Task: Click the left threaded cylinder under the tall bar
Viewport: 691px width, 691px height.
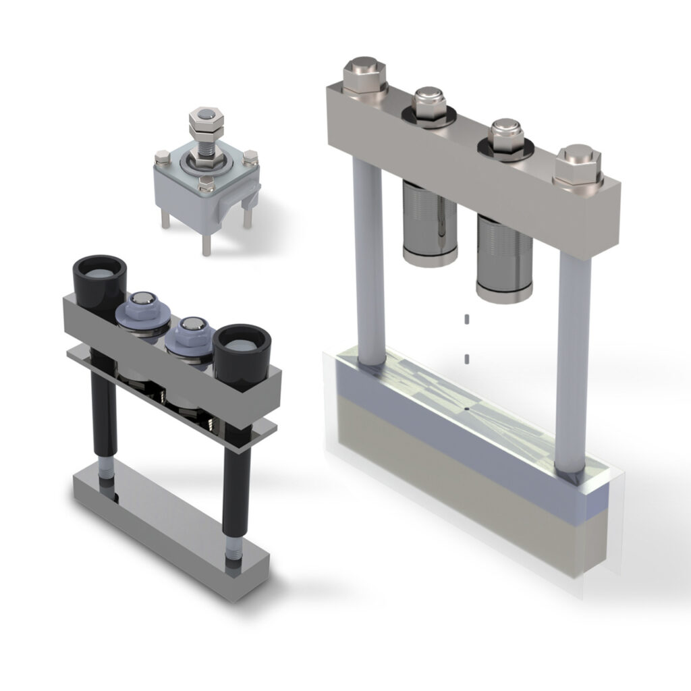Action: [429, 223]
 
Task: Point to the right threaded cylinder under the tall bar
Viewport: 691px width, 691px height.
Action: [503, 260]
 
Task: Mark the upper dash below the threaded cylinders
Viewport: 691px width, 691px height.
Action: [465, 318]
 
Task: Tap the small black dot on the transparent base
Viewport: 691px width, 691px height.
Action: [466, 409]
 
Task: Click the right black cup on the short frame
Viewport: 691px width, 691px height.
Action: [242, 348]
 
